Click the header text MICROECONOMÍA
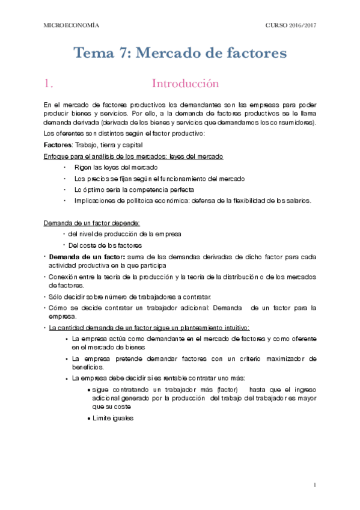tap(72, 25)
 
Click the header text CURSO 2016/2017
tap(290, 25)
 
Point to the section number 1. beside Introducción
tap(50, 83)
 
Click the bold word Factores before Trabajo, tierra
tap(58, 145)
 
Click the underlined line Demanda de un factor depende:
tap(91, 223)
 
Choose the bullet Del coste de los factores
tap(105, 245)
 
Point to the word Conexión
tap(62, 277)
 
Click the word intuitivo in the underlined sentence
tap(233, 328)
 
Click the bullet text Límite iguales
tap(112, 418)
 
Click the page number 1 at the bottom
tap(315, 485)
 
